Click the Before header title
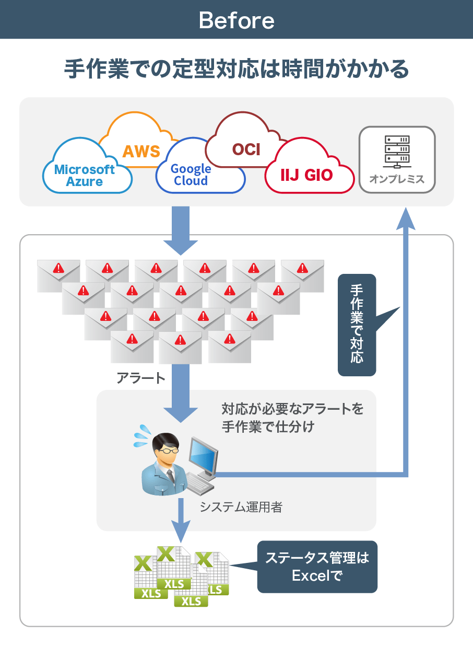click(236, 20)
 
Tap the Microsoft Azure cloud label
click(85, 176)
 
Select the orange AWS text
click(141, 151)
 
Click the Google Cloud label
click(191, 175)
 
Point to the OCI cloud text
click(246, 149)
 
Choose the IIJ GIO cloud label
click(306, 175)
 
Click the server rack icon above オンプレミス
click(397, 150)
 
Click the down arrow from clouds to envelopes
click(181, 230)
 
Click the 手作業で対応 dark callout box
click(357, 325)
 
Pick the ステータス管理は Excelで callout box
click(317, 567)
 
